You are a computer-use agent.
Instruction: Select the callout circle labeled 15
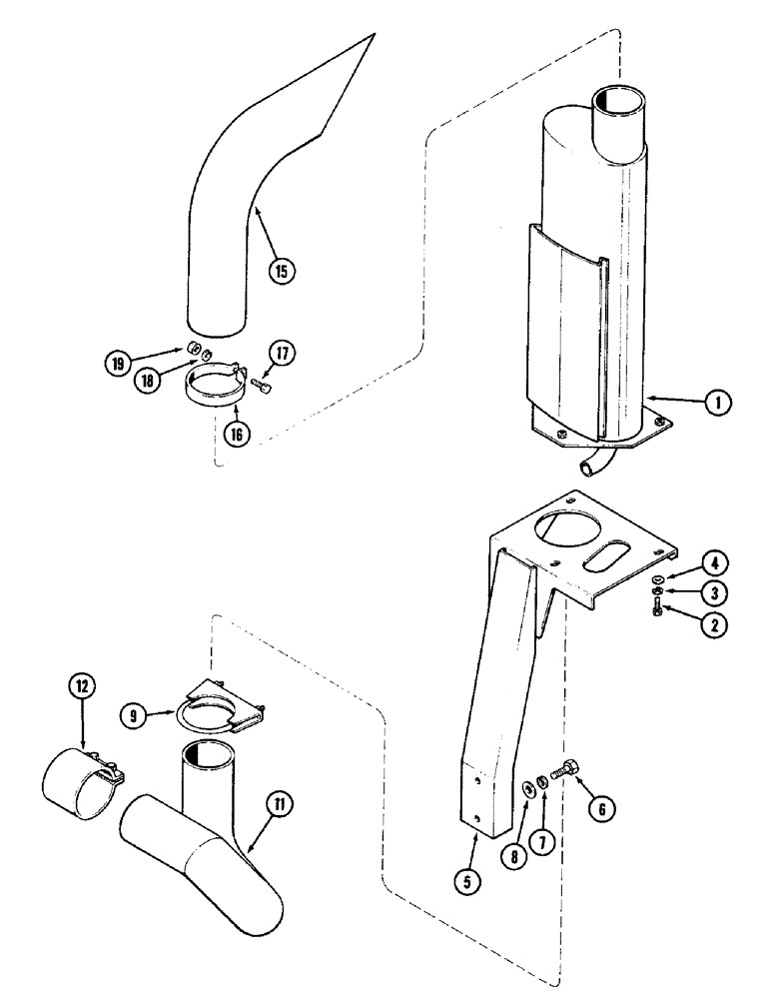pos(283,269)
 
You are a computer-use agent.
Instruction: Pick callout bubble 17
pos(281,352)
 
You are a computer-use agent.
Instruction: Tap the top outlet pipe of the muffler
pos(619,115)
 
